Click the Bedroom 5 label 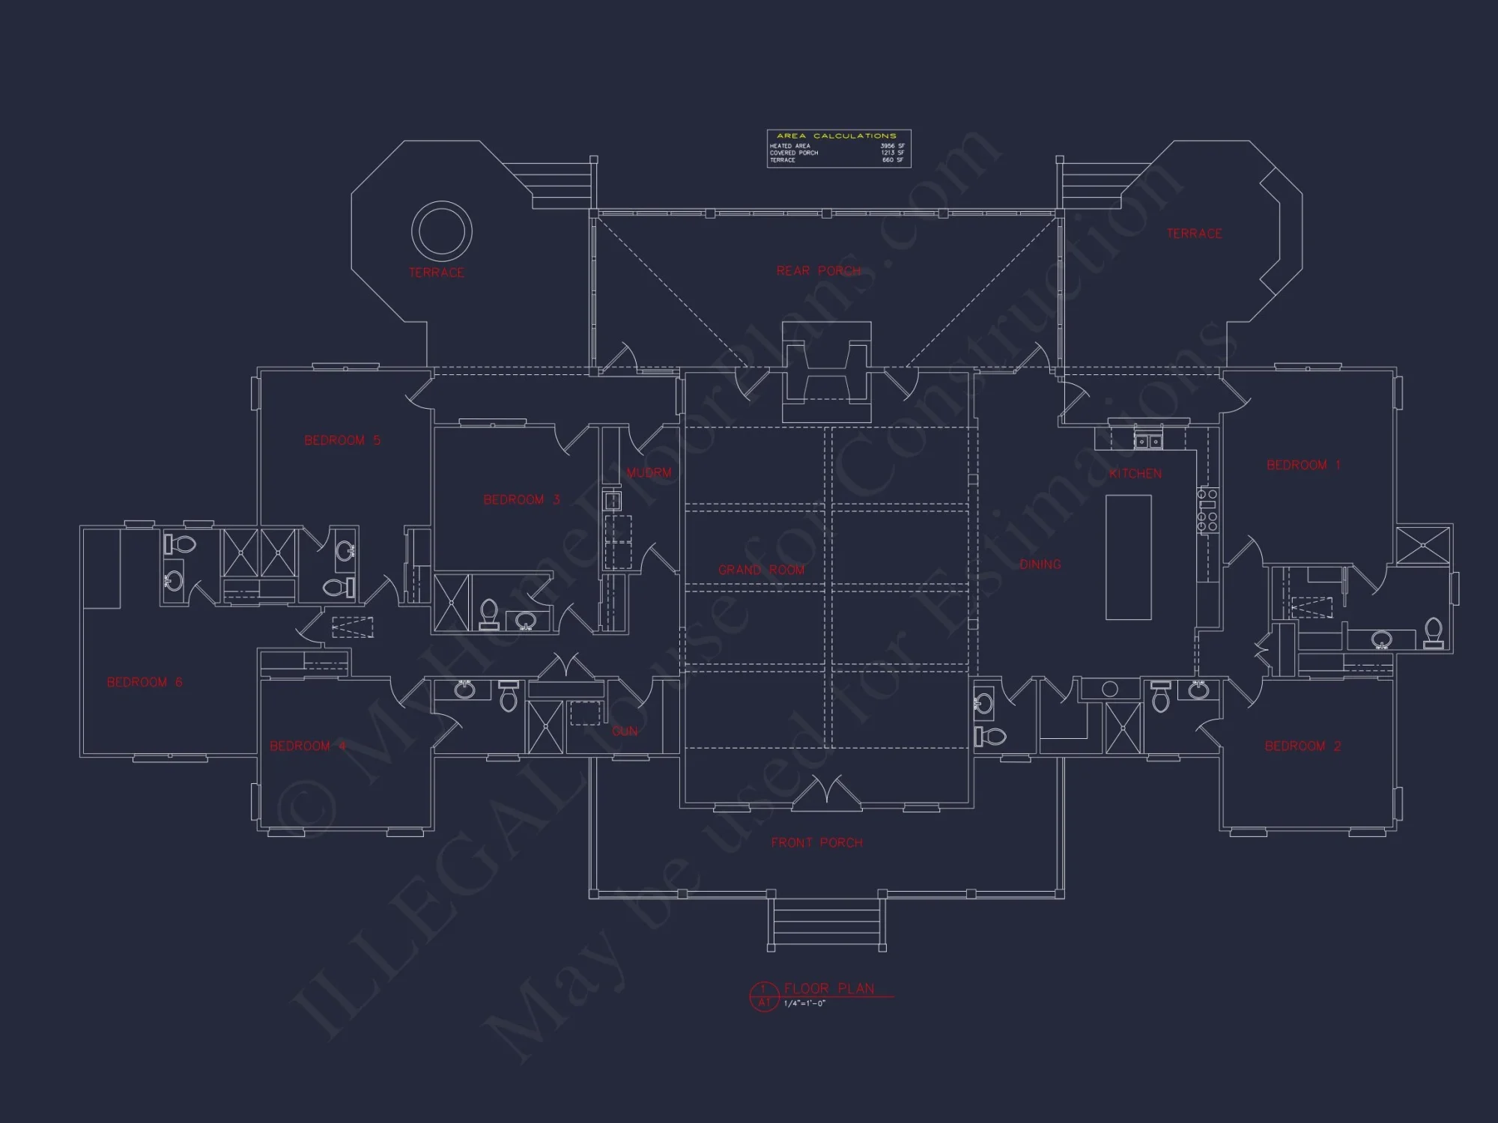[342, 440]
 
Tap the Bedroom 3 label [521, 499]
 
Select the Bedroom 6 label [145, 682]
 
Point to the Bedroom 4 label [308, 746]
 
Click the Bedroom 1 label [1303, 465]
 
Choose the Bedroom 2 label [1303, 746]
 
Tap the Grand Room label [761, 570]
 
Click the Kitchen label [1135, 473]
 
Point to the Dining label [1040, 564]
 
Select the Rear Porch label [819, 270]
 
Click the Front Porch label [816, 842]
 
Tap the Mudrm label [649, 472]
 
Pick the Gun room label [625, 731]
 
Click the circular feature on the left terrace [442, 231]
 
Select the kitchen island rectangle [1129, 557]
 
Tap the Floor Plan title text [829, 988]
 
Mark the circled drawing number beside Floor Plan [764, 996]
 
